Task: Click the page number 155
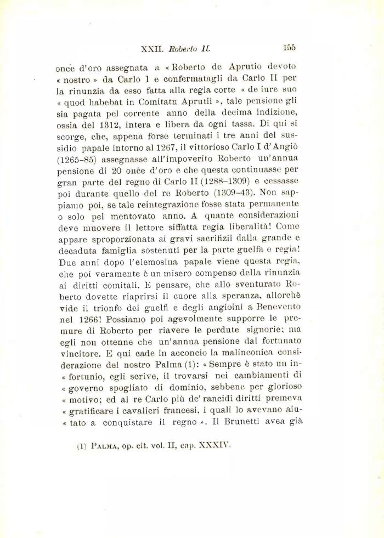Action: point(290,48)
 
